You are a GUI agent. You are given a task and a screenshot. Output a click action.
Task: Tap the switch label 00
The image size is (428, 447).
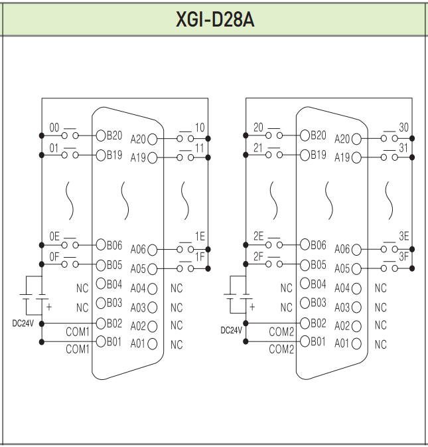(54, 128)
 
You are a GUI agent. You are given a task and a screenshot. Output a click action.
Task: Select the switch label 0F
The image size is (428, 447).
(54, 256)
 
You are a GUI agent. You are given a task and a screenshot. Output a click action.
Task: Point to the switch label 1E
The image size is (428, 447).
(199, 236)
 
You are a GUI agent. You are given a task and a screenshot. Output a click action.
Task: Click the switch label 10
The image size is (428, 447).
(199, 128)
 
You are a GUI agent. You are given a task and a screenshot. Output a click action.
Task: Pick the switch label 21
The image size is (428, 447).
(259, 147)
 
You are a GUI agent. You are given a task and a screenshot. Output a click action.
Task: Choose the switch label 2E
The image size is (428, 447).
(259, 236)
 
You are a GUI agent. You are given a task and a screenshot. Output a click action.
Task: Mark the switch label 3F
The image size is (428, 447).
(403, 256)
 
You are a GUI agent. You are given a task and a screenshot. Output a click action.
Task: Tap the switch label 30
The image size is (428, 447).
(403, 128)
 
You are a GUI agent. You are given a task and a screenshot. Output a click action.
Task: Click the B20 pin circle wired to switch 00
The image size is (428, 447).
(101, 135)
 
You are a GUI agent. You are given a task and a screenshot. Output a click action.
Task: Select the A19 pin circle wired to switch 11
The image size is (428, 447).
(153, 158)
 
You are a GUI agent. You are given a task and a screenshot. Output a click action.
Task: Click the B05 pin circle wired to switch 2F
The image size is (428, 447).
(305, 264)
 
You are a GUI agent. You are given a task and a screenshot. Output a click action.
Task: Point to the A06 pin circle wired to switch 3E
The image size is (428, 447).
(357, 250)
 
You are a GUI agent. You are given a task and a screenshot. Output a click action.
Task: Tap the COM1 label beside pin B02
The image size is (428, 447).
(77, 330)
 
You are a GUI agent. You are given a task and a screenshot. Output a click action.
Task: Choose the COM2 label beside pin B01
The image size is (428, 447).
(281, 349)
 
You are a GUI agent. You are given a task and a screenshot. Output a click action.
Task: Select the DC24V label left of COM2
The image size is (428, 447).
(230, 330)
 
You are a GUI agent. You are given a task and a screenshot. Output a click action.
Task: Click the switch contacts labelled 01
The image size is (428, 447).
(70, 155)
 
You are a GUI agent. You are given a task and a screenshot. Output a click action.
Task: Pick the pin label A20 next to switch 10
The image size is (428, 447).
(139, 139)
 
